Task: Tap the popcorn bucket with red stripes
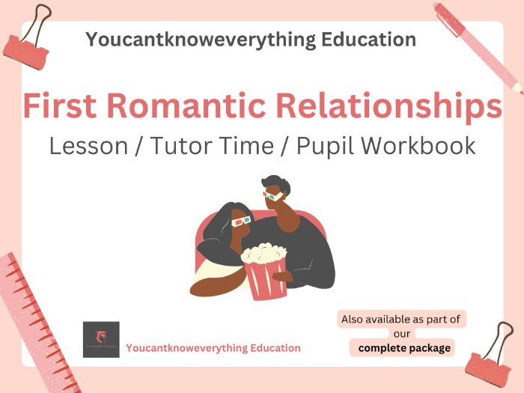266,272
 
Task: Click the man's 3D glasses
274,196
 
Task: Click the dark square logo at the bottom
101,339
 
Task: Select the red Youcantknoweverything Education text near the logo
213,348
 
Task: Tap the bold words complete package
404,348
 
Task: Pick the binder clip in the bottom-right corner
490,356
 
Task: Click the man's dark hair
273,184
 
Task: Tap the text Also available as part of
402,319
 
